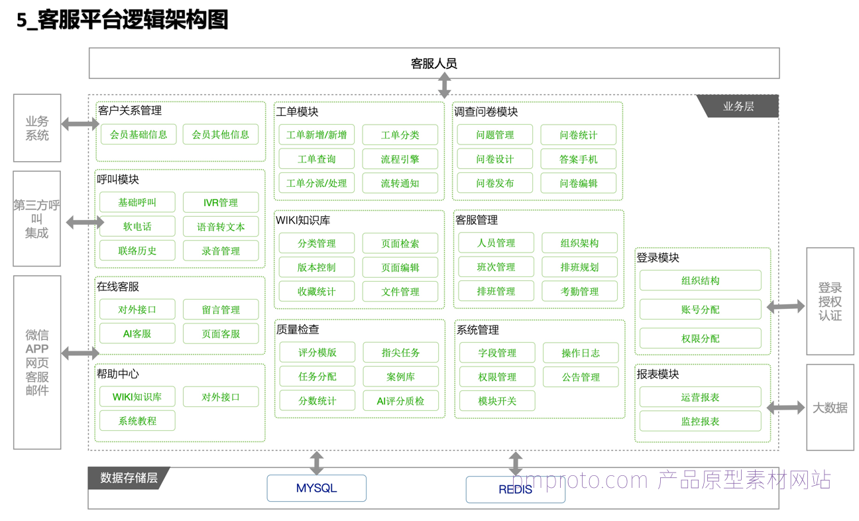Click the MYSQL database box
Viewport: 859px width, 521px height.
(x=316, y=488)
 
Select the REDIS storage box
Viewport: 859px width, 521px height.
(x=516, y=489)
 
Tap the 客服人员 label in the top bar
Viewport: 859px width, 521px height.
(x=433, y=63)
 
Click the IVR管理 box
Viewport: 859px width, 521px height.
(x=221, y=202)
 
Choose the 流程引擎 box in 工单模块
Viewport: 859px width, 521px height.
(x=400, y=159)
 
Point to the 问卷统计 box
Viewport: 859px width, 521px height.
(x=578, y=135)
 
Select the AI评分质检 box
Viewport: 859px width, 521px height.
(x=401, y=401)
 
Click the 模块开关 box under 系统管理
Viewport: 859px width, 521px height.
(x=497, y=401)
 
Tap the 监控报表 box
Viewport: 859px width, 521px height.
(x=700, y=422)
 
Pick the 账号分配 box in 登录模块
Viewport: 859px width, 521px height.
(x=700, y=310)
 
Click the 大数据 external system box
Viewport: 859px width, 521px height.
(x=830, y=407)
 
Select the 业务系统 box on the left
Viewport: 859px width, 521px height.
(x=37, y=128)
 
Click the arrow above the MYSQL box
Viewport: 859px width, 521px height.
(x=317, y=463)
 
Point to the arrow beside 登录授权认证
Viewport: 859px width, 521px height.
(x=785, y=306)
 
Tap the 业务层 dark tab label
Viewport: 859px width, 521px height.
(x=738, y=106)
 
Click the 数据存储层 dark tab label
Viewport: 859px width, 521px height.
(x=129, y=478)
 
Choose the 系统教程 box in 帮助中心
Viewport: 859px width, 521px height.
(x=137, y=421)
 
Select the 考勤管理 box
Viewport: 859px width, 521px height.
(x=579, y=292)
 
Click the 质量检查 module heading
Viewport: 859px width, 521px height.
(x=298, y=329)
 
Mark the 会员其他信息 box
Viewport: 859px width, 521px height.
(x=221, y=134)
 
